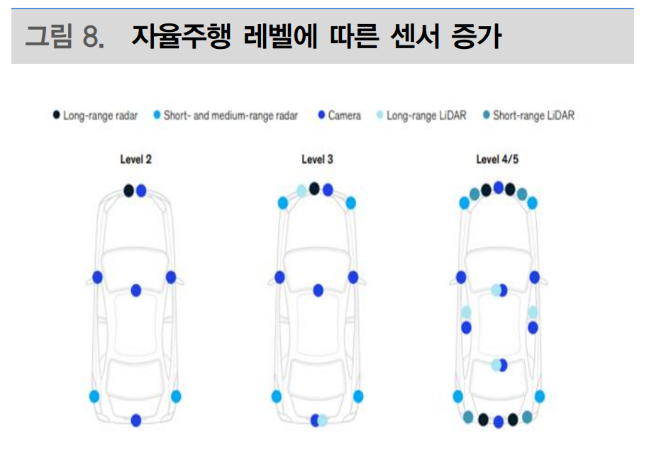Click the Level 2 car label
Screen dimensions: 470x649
coord(135,160)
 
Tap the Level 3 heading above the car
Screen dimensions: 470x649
coord(317,160)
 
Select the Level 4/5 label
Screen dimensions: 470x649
coord(498,160)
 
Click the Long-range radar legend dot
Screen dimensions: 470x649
coord(56,115)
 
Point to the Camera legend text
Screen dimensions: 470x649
coord(344,115)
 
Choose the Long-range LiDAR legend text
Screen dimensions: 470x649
coord(426,115)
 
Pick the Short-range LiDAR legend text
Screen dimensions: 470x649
coord(533,115)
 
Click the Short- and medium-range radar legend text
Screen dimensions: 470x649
coord(231,115)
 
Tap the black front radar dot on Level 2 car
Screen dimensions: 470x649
coord(128,190)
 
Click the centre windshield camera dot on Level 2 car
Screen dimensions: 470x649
coord(136,290)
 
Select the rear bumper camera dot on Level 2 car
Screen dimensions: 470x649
coord(136,420)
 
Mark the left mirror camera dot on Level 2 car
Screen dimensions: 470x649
coord(97,277)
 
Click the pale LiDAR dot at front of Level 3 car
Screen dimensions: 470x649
coord(301,190)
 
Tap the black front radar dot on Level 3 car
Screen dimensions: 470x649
coord(314,188)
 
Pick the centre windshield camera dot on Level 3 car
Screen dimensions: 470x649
coord(318,290)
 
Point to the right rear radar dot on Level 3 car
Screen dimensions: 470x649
coord(358,396)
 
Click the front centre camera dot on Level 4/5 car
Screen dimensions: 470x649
coord(499,187)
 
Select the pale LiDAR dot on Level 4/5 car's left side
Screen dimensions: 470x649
coord(466,313)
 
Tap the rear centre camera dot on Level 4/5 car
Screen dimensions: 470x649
coord(499,422)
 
